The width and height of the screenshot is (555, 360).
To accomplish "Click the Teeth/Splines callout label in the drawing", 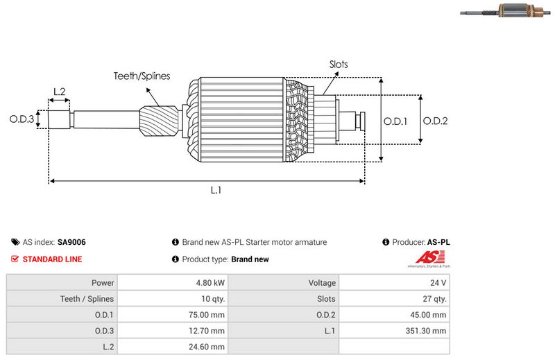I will [x=142, y=76].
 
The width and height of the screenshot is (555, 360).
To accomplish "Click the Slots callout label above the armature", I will [x=339, y=65].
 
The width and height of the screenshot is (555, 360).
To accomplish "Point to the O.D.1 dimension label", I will [x=395, y=121].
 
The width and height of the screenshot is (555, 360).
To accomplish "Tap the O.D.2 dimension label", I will [x=436, y=121].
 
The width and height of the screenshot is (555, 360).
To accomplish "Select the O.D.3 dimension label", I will [x=22, y=119].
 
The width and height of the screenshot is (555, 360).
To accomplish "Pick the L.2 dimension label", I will [x=59, y=92].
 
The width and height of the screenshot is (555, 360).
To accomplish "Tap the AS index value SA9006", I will [x=71, y=242].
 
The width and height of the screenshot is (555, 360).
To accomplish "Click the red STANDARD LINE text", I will [x=52, y=259].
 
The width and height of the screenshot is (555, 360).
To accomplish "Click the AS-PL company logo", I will [x=427, y=260].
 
